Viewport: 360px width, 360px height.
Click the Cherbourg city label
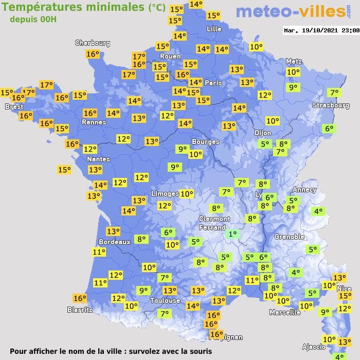pos(93,43)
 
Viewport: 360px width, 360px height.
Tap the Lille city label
pos(214,29)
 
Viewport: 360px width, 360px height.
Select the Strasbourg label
pos(331,105)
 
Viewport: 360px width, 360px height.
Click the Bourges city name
pos(205,141)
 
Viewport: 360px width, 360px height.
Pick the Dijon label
pos(262,133)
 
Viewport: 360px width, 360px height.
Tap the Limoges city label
pos(165,193)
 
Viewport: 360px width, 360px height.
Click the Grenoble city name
pos(290,237)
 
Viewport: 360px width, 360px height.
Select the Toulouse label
pos(165,300)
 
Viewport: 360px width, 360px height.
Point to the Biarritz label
pos(80,310)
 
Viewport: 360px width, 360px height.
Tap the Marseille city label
pos(285,312)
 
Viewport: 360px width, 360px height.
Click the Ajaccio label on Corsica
pos(314,346)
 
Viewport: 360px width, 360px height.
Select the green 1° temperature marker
pos(232,234)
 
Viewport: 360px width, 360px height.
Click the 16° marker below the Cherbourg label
pos(93,54)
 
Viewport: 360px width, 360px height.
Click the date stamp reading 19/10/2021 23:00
pos(321,30)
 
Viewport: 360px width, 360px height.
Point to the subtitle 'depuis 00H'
pos(32,19)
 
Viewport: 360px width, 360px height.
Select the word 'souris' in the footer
pos(199,352)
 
